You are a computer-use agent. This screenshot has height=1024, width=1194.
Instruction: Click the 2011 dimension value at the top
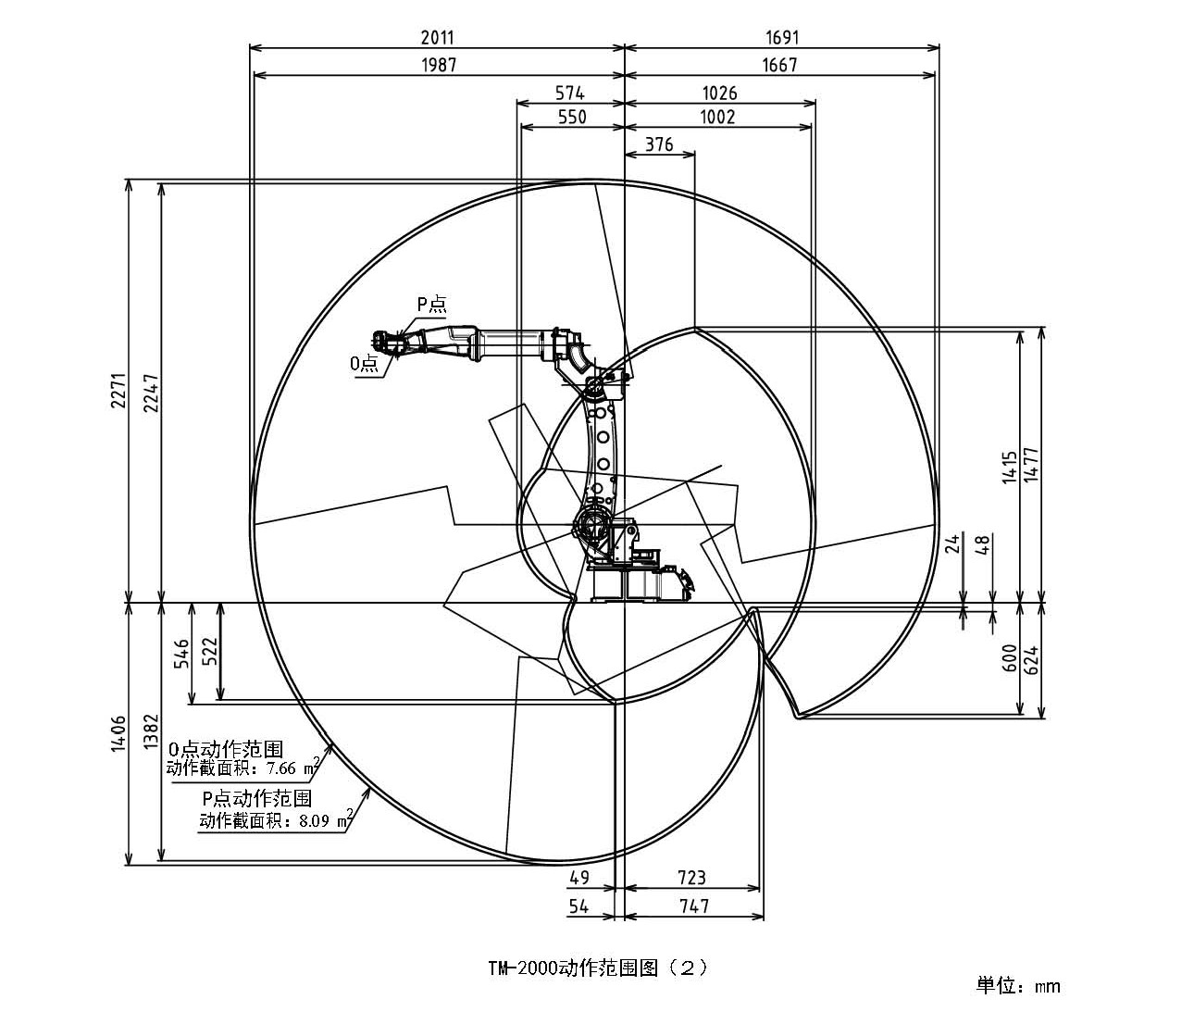438,38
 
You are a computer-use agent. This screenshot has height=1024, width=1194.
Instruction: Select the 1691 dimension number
782,38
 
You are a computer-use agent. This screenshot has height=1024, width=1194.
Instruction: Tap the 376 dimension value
659,144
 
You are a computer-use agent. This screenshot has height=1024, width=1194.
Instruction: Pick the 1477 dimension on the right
1033,465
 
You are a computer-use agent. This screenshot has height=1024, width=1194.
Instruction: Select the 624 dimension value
1033,657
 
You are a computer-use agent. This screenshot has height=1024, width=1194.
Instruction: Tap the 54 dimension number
578,906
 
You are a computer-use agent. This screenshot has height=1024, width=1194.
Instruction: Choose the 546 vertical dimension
182,653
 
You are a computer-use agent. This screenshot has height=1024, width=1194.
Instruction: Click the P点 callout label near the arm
430,303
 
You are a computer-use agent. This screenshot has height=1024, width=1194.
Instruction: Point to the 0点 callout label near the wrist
365,364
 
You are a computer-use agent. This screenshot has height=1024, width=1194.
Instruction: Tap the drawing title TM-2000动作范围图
598,968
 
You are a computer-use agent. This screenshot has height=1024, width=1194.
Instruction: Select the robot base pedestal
629,583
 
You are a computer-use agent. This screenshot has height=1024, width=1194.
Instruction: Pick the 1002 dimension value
718,117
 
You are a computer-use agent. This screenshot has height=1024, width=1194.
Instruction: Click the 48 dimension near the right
983,543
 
